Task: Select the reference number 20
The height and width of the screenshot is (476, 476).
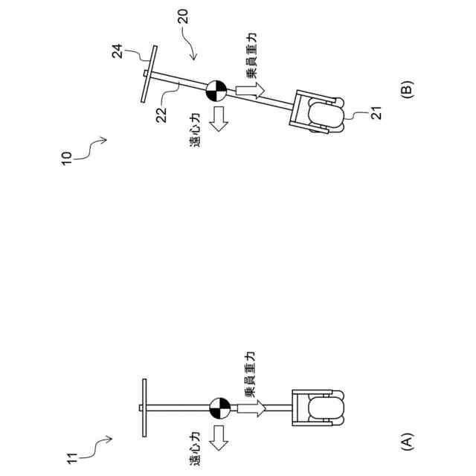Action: coord(183,17)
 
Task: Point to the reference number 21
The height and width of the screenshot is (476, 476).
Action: coord(376,114)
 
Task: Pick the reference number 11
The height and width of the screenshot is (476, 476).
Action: coord(68,454)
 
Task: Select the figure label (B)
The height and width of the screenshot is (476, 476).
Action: coord(406,91)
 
